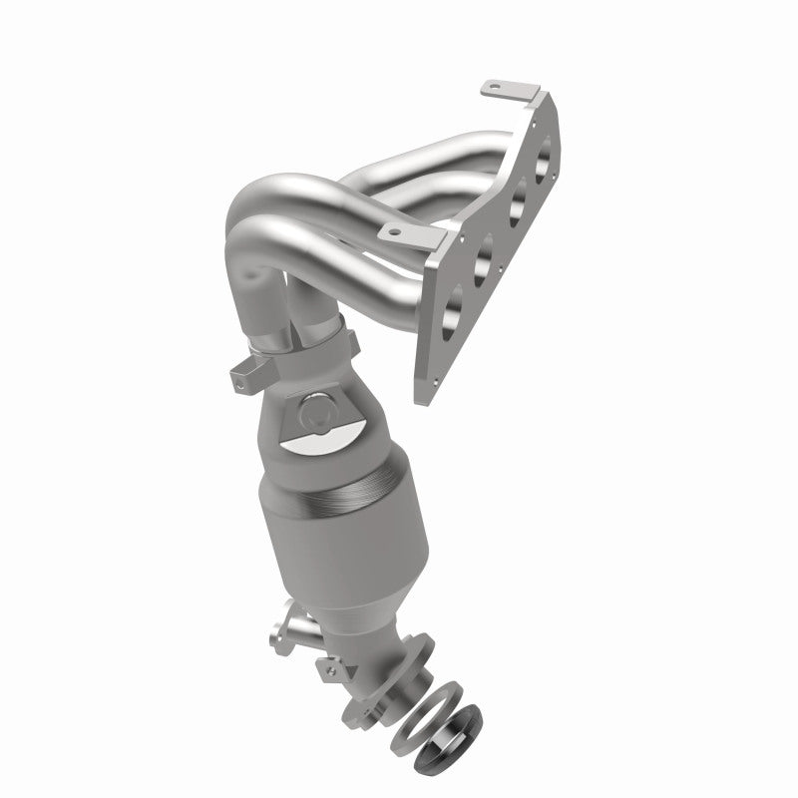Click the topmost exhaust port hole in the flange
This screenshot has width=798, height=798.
(x=544, y=162)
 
